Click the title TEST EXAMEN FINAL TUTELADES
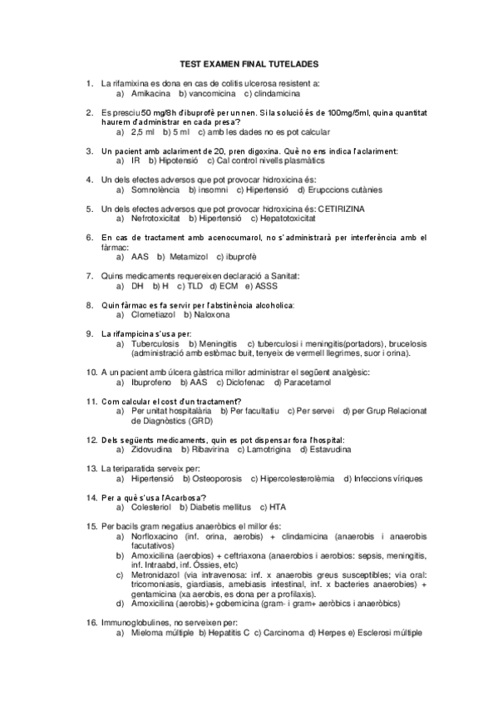[x=249, y=64]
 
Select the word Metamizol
[x=188, y=257]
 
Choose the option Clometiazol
[x=153, y=314]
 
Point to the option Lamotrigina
[x=267, y=450]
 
